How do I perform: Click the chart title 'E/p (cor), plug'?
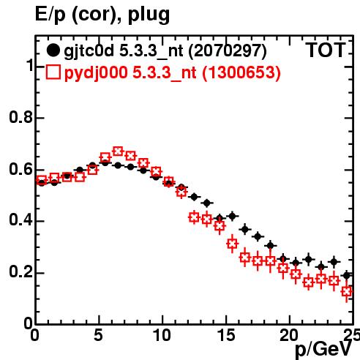pos(102,15)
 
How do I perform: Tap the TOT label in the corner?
pos(326,50)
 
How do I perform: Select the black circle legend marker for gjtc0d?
pos(53,50)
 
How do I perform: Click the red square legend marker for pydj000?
pos(53,72)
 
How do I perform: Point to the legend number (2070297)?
pos(228,51)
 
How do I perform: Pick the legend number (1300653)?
pos(241,72)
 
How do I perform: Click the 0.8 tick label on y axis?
pos(20,117)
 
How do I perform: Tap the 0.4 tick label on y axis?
pos(20,220)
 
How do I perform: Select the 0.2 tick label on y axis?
pos(20,271)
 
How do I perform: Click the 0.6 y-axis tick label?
pos(20,169)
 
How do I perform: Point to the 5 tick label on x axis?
pos(98,335)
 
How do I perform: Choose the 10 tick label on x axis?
pos(162,335)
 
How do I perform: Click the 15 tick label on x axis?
pos(226,335)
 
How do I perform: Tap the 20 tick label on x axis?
pos(289,335)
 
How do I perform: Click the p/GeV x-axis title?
pos(323,350)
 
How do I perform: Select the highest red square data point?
pos(118,151)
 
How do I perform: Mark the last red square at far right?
pos(347,291)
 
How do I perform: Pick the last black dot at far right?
pos(347,276)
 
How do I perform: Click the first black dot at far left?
pos(42,183)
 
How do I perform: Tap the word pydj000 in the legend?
pos(96,73)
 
